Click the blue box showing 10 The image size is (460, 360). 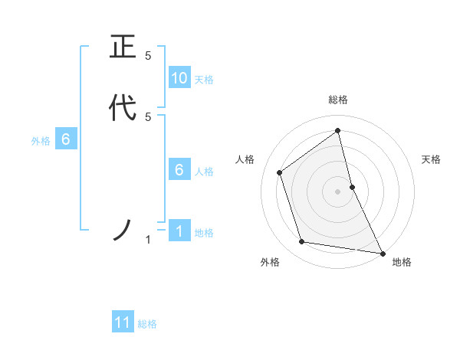click(179, 77)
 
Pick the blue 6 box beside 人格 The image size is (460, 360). click(179, 170)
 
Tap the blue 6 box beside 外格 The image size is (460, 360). click(66, 139)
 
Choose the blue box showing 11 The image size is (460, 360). click(123, 322)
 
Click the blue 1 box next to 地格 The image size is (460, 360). click(179, 231)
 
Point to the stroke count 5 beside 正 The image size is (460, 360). click(148, 56)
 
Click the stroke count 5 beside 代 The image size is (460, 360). click(148, 116)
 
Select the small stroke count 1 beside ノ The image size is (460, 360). click(148, 240)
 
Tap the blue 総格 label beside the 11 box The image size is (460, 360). click(147, 324)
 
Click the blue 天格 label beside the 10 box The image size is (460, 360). click(204, 80)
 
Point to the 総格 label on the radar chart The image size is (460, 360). click(338, 100)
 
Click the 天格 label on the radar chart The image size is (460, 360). click(432, 159)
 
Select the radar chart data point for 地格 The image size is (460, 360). click(382, 253)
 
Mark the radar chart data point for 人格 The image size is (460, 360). click(280, 172)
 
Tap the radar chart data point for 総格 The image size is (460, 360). click(338, 130)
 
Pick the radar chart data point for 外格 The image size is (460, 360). click(302, 242)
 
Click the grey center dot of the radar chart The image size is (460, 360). click(338, 191)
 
